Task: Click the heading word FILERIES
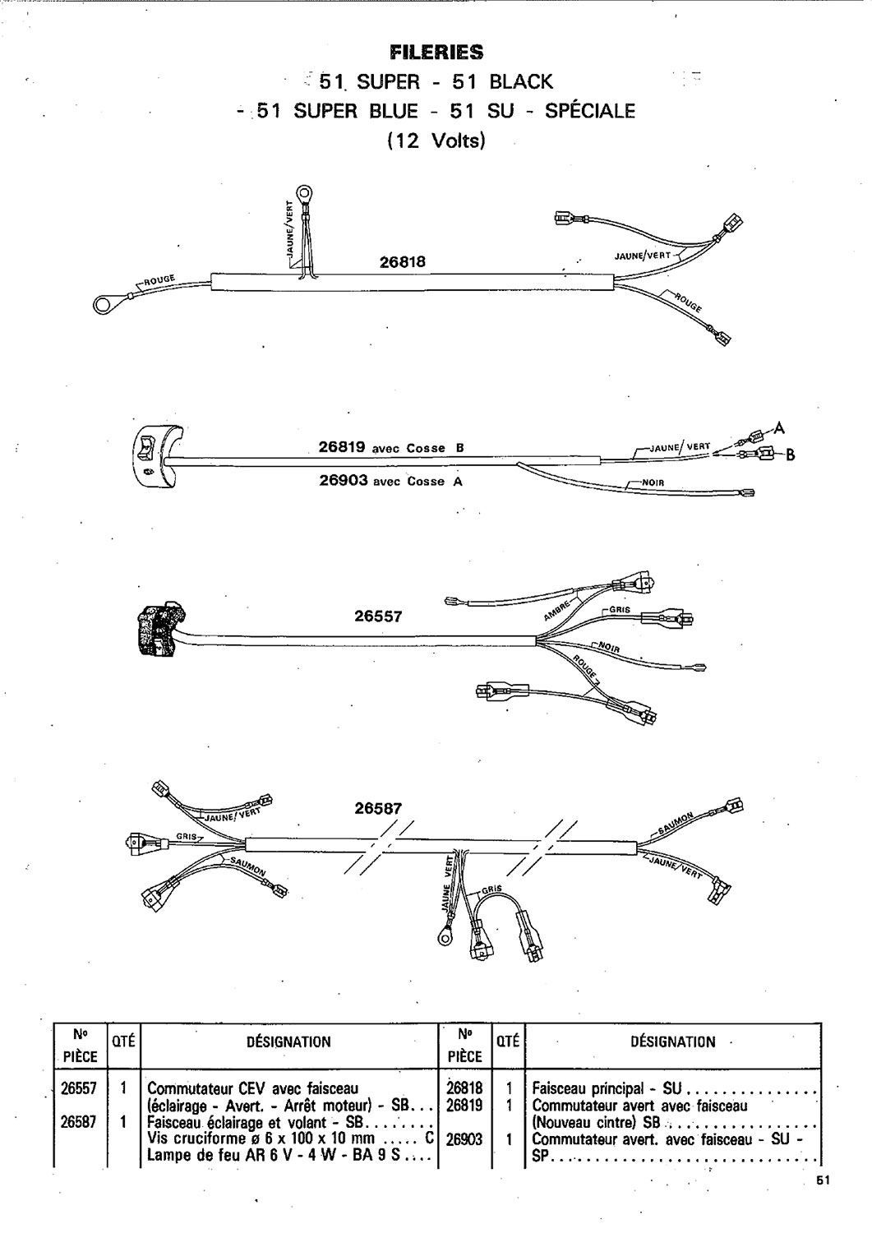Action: click(x=436, y=53)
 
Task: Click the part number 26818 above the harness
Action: click(x=403, y=262)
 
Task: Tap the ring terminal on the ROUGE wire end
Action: click(x=103, y=304)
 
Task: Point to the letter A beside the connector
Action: click(x=779, y=427)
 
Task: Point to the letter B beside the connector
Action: click(x=790, y=455)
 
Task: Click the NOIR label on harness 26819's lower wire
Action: click(x=653, y=483)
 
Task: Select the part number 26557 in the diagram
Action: click(x=378, y=616)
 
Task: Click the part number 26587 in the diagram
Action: click(x=378, y=808)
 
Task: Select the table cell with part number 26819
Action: click(x=464, y=1105)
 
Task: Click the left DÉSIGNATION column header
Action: click(x=288, y=1041)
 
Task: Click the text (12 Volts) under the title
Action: click(x=436, y=141)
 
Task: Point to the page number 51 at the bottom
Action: click(x=823, y=1180)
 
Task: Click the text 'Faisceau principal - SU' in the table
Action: click(x=607, y=1088)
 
